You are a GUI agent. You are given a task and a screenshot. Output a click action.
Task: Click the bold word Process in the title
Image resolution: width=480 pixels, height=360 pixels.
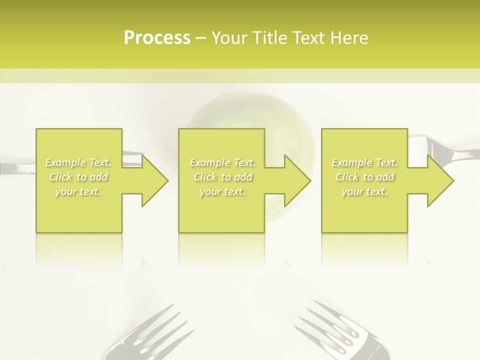point(157,37)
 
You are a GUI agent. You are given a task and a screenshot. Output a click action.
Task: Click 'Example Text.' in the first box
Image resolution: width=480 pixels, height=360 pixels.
point(78,162)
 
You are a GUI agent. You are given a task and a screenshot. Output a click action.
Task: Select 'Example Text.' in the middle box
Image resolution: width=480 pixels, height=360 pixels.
point(222,162)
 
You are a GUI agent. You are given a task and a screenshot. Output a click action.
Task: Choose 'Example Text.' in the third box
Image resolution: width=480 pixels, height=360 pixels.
point(364,162)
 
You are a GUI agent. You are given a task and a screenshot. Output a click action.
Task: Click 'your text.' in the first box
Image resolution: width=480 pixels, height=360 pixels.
point(78,191)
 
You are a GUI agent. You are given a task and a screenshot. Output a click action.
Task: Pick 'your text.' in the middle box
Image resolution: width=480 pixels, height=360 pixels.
point(222,191)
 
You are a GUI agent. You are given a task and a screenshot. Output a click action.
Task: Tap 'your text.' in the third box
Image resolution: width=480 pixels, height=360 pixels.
point(364,191)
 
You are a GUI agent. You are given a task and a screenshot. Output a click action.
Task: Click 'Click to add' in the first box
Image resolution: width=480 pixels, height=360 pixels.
point(78,177)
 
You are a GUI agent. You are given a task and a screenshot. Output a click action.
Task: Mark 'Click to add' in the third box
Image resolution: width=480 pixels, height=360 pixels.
point(364,177)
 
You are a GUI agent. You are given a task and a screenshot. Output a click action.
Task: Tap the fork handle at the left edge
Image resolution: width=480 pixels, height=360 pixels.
point(15,168)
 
